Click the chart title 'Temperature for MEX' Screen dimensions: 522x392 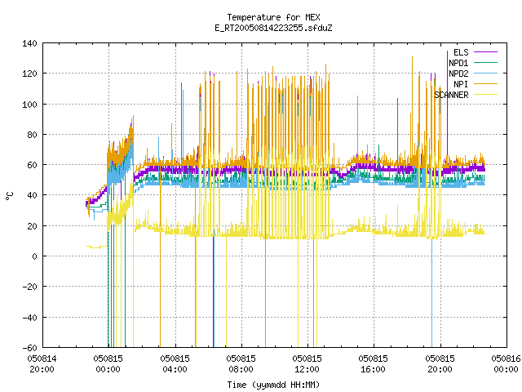point(273,17)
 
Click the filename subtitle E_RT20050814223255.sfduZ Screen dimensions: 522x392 point(273,28)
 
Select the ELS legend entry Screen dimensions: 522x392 point(476,52)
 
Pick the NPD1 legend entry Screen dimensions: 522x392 point(473,63)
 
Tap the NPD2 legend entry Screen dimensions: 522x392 point(473,73)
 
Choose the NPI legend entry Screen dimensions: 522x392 point(476,84)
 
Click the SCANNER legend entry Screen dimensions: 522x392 point(466,95)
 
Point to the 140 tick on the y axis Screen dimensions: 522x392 point(29,43)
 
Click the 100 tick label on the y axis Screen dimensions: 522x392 point(29,105)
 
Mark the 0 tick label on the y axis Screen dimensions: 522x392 point(34,256)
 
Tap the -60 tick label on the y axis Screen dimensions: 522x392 point(29,348)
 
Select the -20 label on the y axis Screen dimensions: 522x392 point(29,287)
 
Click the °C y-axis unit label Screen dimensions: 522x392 point(10,196)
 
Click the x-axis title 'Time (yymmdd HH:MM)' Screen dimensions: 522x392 point(273,385)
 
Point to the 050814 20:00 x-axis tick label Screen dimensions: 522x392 point(42,364)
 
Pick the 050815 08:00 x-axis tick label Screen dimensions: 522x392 point(241,364)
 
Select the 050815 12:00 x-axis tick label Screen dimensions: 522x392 point(307,364)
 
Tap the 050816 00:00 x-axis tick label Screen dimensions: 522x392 point(506,364)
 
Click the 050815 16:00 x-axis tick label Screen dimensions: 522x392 point(374,364)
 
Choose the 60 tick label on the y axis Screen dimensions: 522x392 point(32,165)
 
